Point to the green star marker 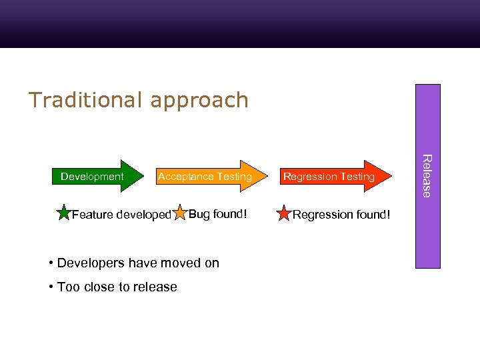click(63, 214)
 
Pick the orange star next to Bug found click(179, 213)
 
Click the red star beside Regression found click(284, 214)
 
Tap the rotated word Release click(427, 176)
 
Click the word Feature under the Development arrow click(92, 215)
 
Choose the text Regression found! click(341, 215)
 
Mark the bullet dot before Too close click(51, 287)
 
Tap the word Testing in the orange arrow click(233, 177)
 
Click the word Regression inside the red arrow click(307, 177)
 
